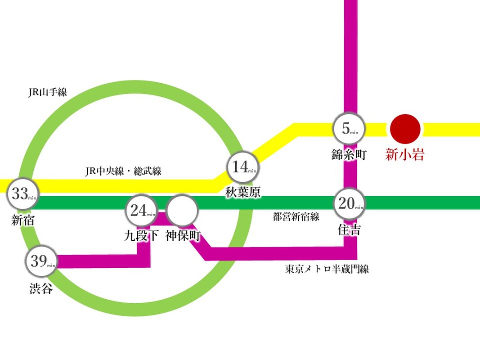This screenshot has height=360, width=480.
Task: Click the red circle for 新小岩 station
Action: pos(405,129)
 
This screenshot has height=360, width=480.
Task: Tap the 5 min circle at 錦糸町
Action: pos(349,129)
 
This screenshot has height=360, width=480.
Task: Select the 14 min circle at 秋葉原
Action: pos(243,167)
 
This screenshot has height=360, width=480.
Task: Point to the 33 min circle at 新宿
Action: pos(23,193)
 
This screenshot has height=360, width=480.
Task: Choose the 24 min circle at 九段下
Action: pos(141,211)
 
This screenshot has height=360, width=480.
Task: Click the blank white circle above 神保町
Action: pos(182,211)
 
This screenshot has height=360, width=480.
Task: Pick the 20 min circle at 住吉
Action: pos(350,203)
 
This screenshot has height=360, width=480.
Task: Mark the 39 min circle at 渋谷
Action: pos(41,261)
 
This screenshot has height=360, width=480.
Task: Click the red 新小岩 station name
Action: pos(405,154)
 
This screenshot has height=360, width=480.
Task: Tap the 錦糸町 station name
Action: pos(349,155)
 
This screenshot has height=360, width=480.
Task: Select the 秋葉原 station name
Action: pos(243,193)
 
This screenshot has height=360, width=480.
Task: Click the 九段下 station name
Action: pos(141,236)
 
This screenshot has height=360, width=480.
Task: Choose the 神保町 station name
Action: pos(183,236)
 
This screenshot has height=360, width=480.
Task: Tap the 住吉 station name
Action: pos(350,229)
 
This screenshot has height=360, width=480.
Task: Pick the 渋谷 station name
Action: pos(41,288)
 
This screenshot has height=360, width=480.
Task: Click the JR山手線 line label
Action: pos(47,92)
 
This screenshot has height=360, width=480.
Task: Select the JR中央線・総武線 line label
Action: pos(123,171)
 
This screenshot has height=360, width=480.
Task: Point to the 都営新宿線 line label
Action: pos(296,217)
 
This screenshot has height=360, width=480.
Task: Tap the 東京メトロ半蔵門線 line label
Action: pos(327,269)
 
